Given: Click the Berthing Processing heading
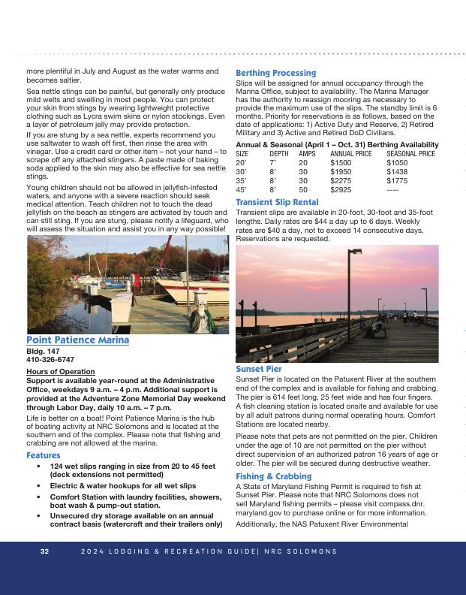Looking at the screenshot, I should [275, 73].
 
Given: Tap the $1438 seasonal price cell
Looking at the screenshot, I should [397, 171].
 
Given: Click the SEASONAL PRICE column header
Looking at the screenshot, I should [410, 153].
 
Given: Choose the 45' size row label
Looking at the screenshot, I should [241, 190].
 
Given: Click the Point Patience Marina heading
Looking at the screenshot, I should [77, 340].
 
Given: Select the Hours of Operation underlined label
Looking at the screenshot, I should [60, 372].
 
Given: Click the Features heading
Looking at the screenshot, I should [44, 455].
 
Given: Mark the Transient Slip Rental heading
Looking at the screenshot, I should [277, 202].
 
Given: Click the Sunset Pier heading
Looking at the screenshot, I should [259, 370].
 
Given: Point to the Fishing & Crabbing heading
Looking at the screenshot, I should [273, 476].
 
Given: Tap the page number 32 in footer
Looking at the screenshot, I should [44, 551].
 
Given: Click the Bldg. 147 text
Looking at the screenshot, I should [42, 351].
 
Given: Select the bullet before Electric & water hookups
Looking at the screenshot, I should [38, 486].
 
